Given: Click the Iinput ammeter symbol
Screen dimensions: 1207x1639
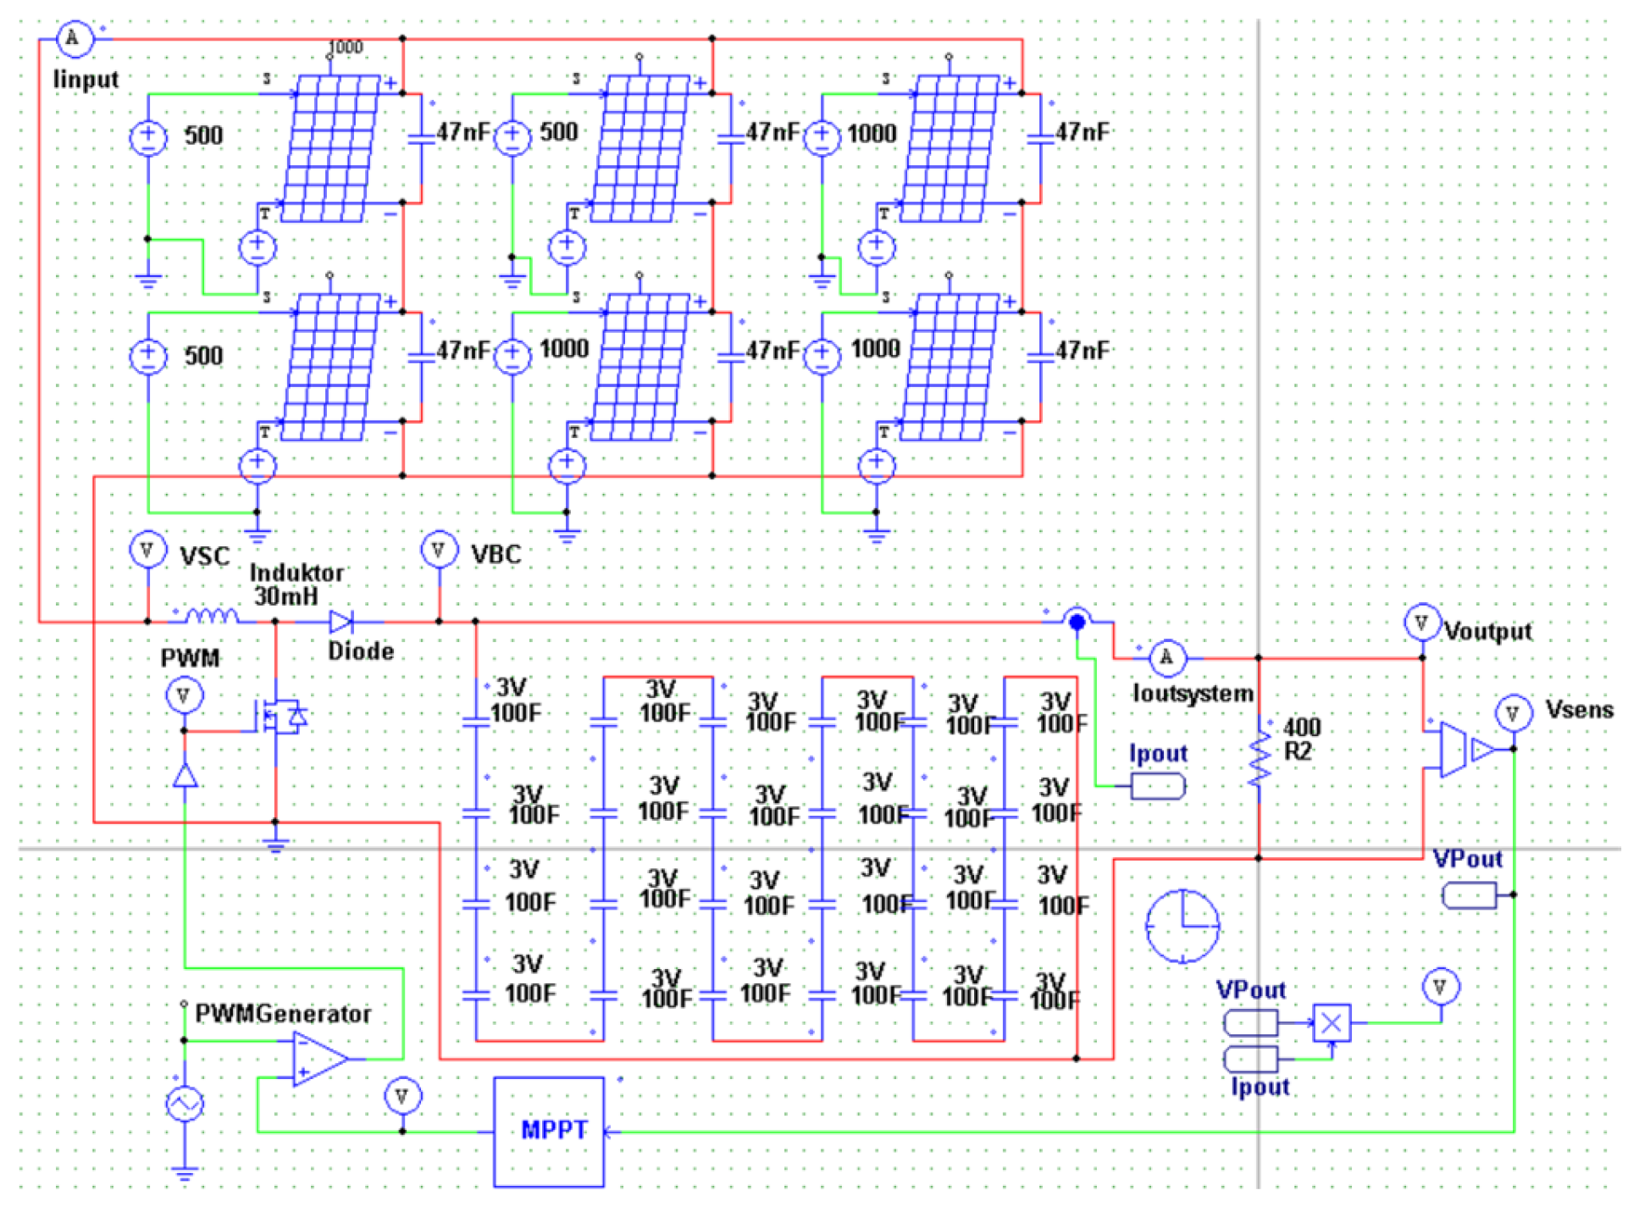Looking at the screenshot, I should tap(73, 38).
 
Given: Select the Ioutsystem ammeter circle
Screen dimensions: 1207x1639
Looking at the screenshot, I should tap(1166, 657).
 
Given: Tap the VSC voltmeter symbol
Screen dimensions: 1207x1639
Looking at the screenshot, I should tap(147, 551).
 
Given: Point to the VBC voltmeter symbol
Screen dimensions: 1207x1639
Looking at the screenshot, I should tap(438, 551).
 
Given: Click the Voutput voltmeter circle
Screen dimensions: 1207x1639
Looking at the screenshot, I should tap(1421, 623).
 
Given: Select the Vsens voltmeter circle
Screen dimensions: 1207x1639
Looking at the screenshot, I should tap(1513, 713).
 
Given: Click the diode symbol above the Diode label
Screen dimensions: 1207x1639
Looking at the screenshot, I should tap(341, 623).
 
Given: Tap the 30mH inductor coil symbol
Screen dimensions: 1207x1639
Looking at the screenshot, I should tap(212, 617).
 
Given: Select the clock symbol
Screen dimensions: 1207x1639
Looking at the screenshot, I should tap(1182, 926).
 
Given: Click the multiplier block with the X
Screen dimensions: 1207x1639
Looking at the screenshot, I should tap(1331, 1023).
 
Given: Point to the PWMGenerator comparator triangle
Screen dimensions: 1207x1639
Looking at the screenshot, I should tap(318, 1058).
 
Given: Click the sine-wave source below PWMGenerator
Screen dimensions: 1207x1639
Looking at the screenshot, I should tap(185, 1104).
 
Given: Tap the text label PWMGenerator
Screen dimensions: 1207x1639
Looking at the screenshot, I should tap(283, 1014).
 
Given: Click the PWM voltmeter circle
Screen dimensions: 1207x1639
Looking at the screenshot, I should tap(184, 696).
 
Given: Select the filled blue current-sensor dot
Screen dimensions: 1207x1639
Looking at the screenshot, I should tap(1077, 623).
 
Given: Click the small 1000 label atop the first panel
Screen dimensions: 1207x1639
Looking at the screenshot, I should tap(346, 47).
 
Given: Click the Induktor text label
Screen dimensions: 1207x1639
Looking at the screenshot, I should tap(296, 573).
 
